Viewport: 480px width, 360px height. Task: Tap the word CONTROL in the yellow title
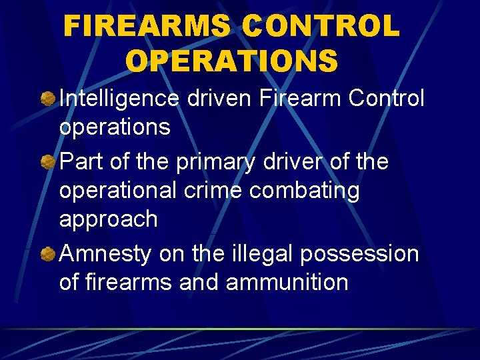[321, 27]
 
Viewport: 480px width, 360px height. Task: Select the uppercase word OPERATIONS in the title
[231, 61]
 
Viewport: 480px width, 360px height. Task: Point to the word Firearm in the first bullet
[302, 99]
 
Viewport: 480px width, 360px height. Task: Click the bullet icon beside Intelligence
[48, 99]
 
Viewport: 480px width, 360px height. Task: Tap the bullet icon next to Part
[48, 162]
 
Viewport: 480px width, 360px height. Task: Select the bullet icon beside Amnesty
[48, 254]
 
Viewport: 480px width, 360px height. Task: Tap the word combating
[305, 191]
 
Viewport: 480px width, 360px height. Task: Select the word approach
[108, 219]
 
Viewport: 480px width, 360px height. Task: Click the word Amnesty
[105, 253]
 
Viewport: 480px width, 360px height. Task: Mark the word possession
[359, 253]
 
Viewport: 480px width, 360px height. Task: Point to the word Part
[81, 162]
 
